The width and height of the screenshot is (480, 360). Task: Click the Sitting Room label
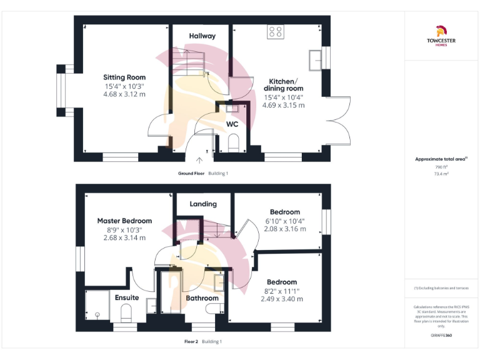click(x=124, y=77)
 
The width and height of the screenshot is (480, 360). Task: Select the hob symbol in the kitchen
click(x=275, y=32)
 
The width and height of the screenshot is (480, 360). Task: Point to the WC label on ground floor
click(x=232, y=124)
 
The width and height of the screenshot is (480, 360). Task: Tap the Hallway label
click(x=202, y=36)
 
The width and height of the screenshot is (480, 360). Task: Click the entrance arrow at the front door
click(x=207, y=161)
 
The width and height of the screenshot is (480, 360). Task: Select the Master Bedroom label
click(x=124, y=221)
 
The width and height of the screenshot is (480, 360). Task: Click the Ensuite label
click(x=127, y=297)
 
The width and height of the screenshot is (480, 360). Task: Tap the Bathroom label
click(x=201, y=298)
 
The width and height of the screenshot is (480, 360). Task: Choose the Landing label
click(x=203, y=204)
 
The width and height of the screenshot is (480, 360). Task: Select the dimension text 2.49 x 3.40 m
click(x=282, y=299)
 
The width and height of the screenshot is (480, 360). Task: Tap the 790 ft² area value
click(x=441, y=167)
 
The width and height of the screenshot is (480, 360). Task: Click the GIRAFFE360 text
click(x=441, y=336)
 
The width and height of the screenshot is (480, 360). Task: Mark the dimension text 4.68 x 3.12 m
click(x=124, y=94)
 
